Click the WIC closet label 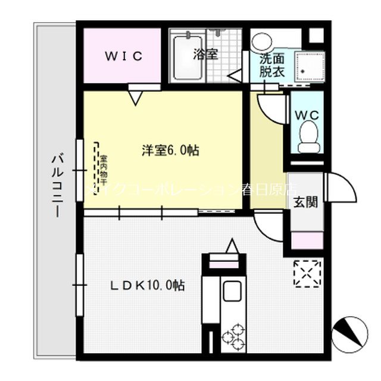[124, 57]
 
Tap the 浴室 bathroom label [205, 54]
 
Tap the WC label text [307, 114]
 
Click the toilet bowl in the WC [308, 137]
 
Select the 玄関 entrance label [304, 201]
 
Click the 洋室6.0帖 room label [170, 151]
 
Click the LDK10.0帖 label [146, 286]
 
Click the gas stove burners [233, 335]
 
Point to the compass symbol [346, 332]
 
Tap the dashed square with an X [307, 274]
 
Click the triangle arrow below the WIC [135, 95]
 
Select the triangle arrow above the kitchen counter [232, 245]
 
